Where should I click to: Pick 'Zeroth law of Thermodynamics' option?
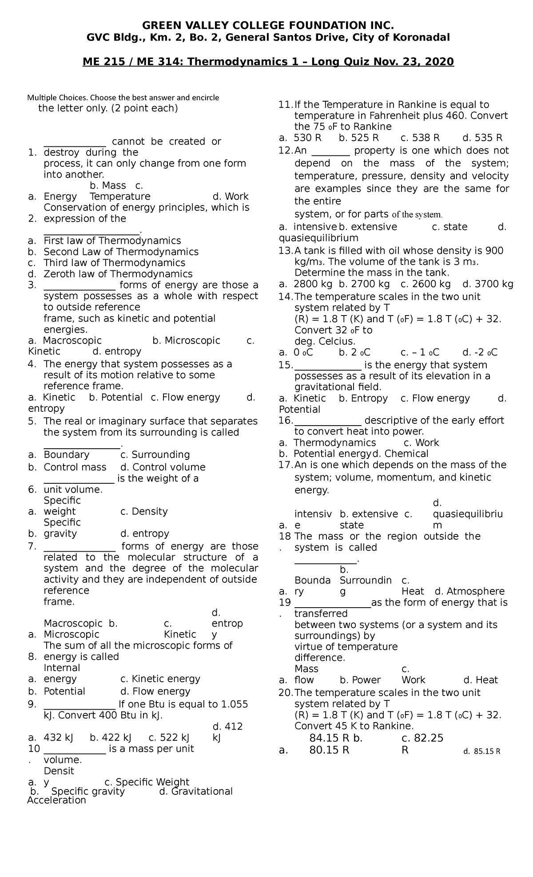coord(118,274)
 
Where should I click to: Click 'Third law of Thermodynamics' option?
coord(114,263)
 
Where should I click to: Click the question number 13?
coord(285,251)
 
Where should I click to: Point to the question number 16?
coord(285,420)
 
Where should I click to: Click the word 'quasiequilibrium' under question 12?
coord(318,238)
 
